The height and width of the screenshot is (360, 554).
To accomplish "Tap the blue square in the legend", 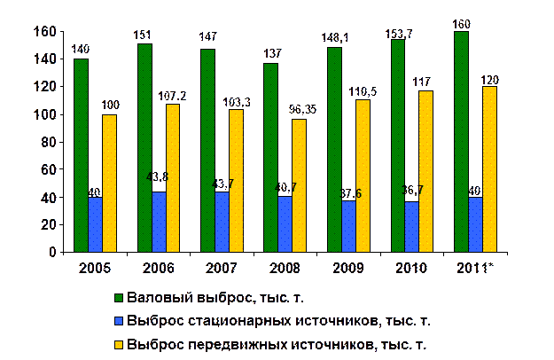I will coord(118,321).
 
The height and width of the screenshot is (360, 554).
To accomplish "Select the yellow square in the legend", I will coord(118,343).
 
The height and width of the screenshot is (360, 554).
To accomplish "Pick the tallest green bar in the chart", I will coord(461,142).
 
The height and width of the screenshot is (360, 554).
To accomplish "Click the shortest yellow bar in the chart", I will coord(299,186).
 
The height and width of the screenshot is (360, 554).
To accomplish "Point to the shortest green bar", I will coord(271,158).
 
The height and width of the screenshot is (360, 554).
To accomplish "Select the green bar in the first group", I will coord(82,155).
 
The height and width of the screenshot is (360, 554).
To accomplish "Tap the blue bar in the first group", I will coord(95,224).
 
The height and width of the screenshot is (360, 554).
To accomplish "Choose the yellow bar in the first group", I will coord(109,184).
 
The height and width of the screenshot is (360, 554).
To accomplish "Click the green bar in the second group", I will coord(144,148).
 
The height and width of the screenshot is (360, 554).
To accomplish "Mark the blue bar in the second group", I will coord(159,222).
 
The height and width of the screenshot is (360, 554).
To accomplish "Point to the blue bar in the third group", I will coord(222,222).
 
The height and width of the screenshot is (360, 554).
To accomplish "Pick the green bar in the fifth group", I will coord(334,150).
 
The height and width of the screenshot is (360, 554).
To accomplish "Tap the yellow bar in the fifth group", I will coord(362,176).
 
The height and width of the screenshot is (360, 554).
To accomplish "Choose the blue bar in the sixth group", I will coord(411,227).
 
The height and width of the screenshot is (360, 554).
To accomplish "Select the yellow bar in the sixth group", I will coord(425,172).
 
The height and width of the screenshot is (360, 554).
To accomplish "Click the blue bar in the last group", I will coord(475,224).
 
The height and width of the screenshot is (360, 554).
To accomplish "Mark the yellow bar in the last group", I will coord(488,169).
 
